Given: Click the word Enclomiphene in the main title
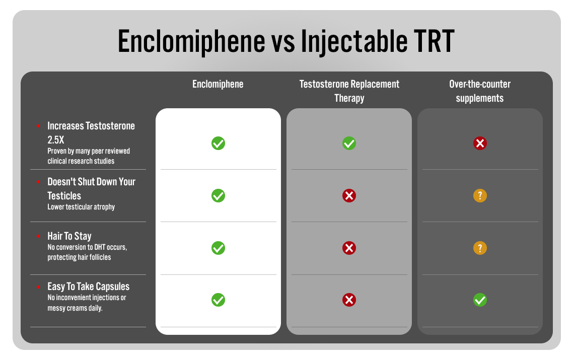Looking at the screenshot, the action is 191,41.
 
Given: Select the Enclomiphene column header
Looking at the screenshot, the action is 218,84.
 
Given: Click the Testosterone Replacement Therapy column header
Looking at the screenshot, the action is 349,91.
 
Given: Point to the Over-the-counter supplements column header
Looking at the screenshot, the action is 480,91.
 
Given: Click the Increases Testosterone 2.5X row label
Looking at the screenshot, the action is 91,132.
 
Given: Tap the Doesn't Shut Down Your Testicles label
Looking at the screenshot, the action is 91,188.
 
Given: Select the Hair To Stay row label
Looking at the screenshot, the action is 69,236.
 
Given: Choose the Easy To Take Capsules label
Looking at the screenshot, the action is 89,286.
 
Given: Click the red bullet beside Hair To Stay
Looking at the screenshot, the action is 38,236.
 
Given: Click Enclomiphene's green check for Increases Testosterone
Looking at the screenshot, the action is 218,143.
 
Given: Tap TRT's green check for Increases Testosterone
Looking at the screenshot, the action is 349,143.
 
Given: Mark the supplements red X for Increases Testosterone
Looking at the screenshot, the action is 480,143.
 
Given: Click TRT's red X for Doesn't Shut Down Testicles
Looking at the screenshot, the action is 349,195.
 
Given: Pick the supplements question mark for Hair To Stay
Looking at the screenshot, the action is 480,248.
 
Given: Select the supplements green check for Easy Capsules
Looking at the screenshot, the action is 480,300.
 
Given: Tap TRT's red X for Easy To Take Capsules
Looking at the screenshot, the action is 349,300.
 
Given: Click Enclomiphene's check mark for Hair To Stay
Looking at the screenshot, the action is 218,248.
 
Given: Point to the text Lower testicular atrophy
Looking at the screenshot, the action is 81,207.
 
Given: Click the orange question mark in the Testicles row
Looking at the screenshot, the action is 480,195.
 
